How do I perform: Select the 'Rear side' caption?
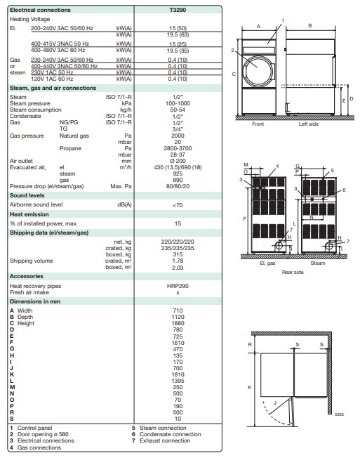tap(292, 270)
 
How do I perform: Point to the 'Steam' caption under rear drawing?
tap(317, 263)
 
